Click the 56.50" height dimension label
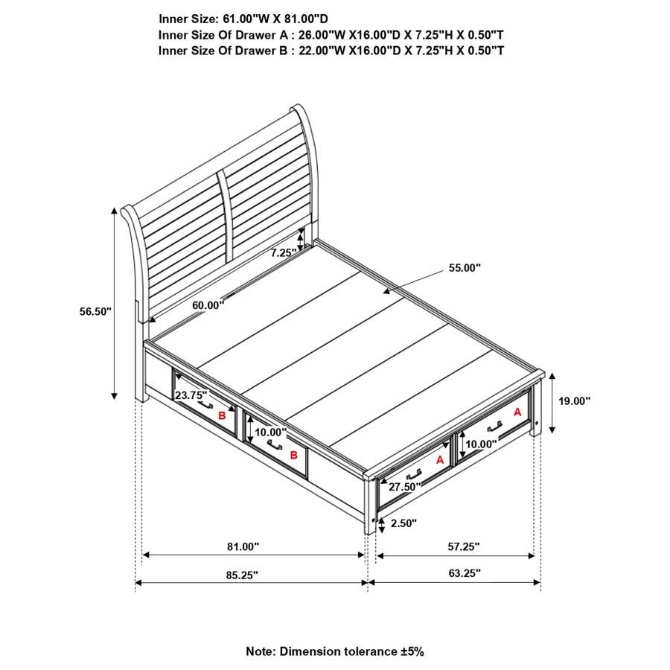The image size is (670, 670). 95,312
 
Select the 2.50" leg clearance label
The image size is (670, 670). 403,523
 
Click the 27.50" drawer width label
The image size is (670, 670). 403,486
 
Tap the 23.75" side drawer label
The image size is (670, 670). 191,396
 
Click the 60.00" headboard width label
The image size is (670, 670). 207,305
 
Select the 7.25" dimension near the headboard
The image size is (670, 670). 284,253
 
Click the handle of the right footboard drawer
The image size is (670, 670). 494,425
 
